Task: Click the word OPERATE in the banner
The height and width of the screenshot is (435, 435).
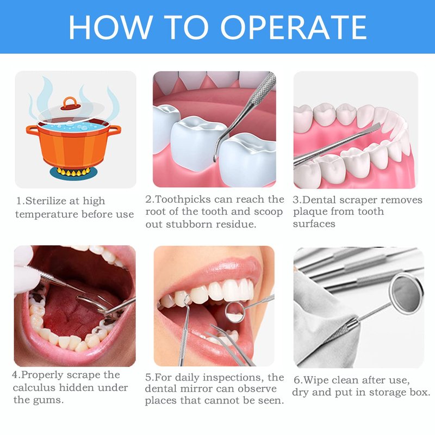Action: (294, 27)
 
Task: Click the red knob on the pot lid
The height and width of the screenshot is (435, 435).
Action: (71, 103)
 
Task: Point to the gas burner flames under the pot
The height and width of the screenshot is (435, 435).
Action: (73, 172)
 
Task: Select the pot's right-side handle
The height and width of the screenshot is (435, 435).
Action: (114, 130)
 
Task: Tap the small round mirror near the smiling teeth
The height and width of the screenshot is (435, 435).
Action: (235, 312)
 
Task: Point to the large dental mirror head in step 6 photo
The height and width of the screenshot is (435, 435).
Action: (407, 294)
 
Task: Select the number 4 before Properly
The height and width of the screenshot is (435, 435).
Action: (15, 375)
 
